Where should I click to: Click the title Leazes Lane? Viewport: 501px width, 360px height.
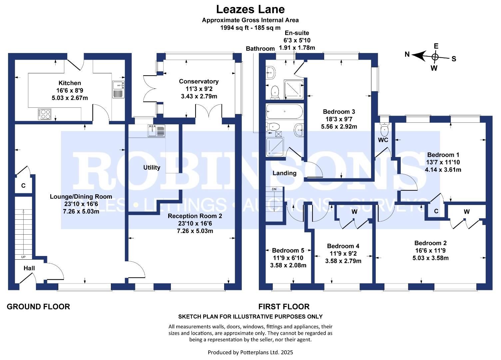click(250, 9)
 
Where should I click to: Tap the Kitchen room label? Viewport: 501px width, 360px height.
click(70, 83)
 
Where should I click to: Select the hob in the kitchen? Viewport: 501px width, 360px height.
click(45, 114)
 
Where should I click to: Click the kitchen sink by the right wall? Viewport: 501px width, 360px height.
click(118, 89)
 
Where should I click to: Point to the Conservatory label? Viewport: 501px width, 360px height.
click(199, 81)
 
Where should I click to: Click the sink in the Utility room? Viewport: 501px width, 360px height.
click(156, 130)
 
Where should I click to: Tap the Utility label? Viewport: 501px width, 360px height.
click(152, 167)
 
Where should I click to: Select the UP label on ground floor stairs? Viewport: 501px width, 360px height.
click(23, 257)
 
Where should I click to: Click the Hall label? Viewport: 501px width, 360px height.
click(29, 268)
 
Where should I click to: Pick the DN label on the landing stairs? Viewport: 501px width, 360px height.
click(274, 189)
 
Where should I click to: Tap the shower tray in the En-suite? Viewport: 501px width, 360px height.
click(294, 89)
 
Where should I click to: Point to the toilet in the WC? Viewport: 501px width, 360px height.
click(385, 128)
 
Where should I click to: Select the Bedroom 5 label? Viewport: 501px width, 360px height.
click(288, 250)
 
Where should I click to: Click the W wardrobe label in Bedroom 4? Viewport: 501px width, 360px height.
click(354, 212)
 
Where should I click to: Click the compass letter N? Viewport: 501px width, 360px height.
click(407, 54)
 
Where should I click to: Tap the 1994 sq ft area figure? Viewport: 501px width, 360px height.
click(234, 28)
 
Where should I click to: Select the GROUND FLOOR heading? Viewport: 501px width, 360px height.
click(38, 307)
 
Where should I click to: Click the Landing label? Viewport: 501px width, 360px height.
click(284, 173)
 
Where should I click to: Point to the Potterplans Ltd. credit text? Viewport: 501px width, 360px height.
click(250, 352)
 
